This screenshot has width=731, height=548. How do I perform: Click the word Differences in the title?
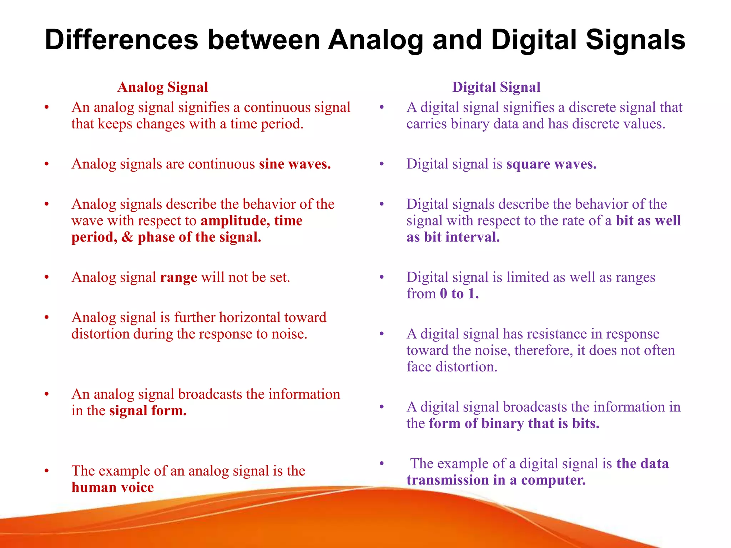[121, 40]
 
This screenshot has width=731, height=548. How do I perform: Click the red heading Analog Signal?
[162, 87]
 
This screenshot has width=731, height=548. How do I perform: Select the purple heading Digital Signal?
[496, 87]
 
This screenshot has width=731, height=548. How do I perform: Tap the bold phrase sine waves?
[295, 164]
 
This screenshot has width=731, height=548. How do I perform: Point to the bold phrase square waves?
[551, 164]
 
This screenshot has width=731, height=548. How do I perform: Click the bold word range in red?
[178, 278]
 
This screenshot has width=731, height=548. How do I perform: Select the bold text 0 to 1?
[459, 294]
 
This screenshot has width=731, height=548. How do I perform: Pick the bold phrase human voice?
[112, 488]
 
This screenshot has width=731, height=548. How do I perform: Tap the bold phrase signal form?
[148, 411]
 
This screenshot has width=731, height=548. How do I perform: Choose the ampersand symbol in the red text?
[127, 237]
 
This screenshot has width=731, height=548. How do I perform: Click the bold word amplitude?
[235, 221]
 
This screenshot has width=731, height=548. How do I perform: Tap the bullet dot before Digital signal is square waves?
[382, 164]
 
